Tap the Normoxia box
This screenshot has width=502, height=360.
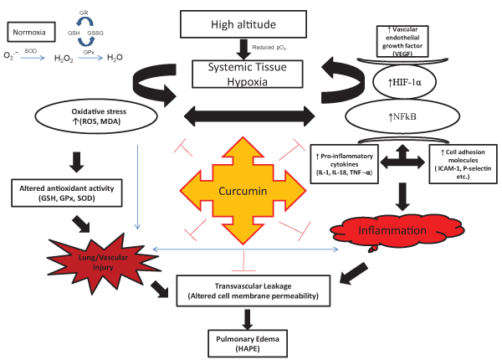(x=32, y=33)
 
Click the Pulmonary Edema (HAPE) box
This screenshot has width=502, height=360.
(x=248, y=340)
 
